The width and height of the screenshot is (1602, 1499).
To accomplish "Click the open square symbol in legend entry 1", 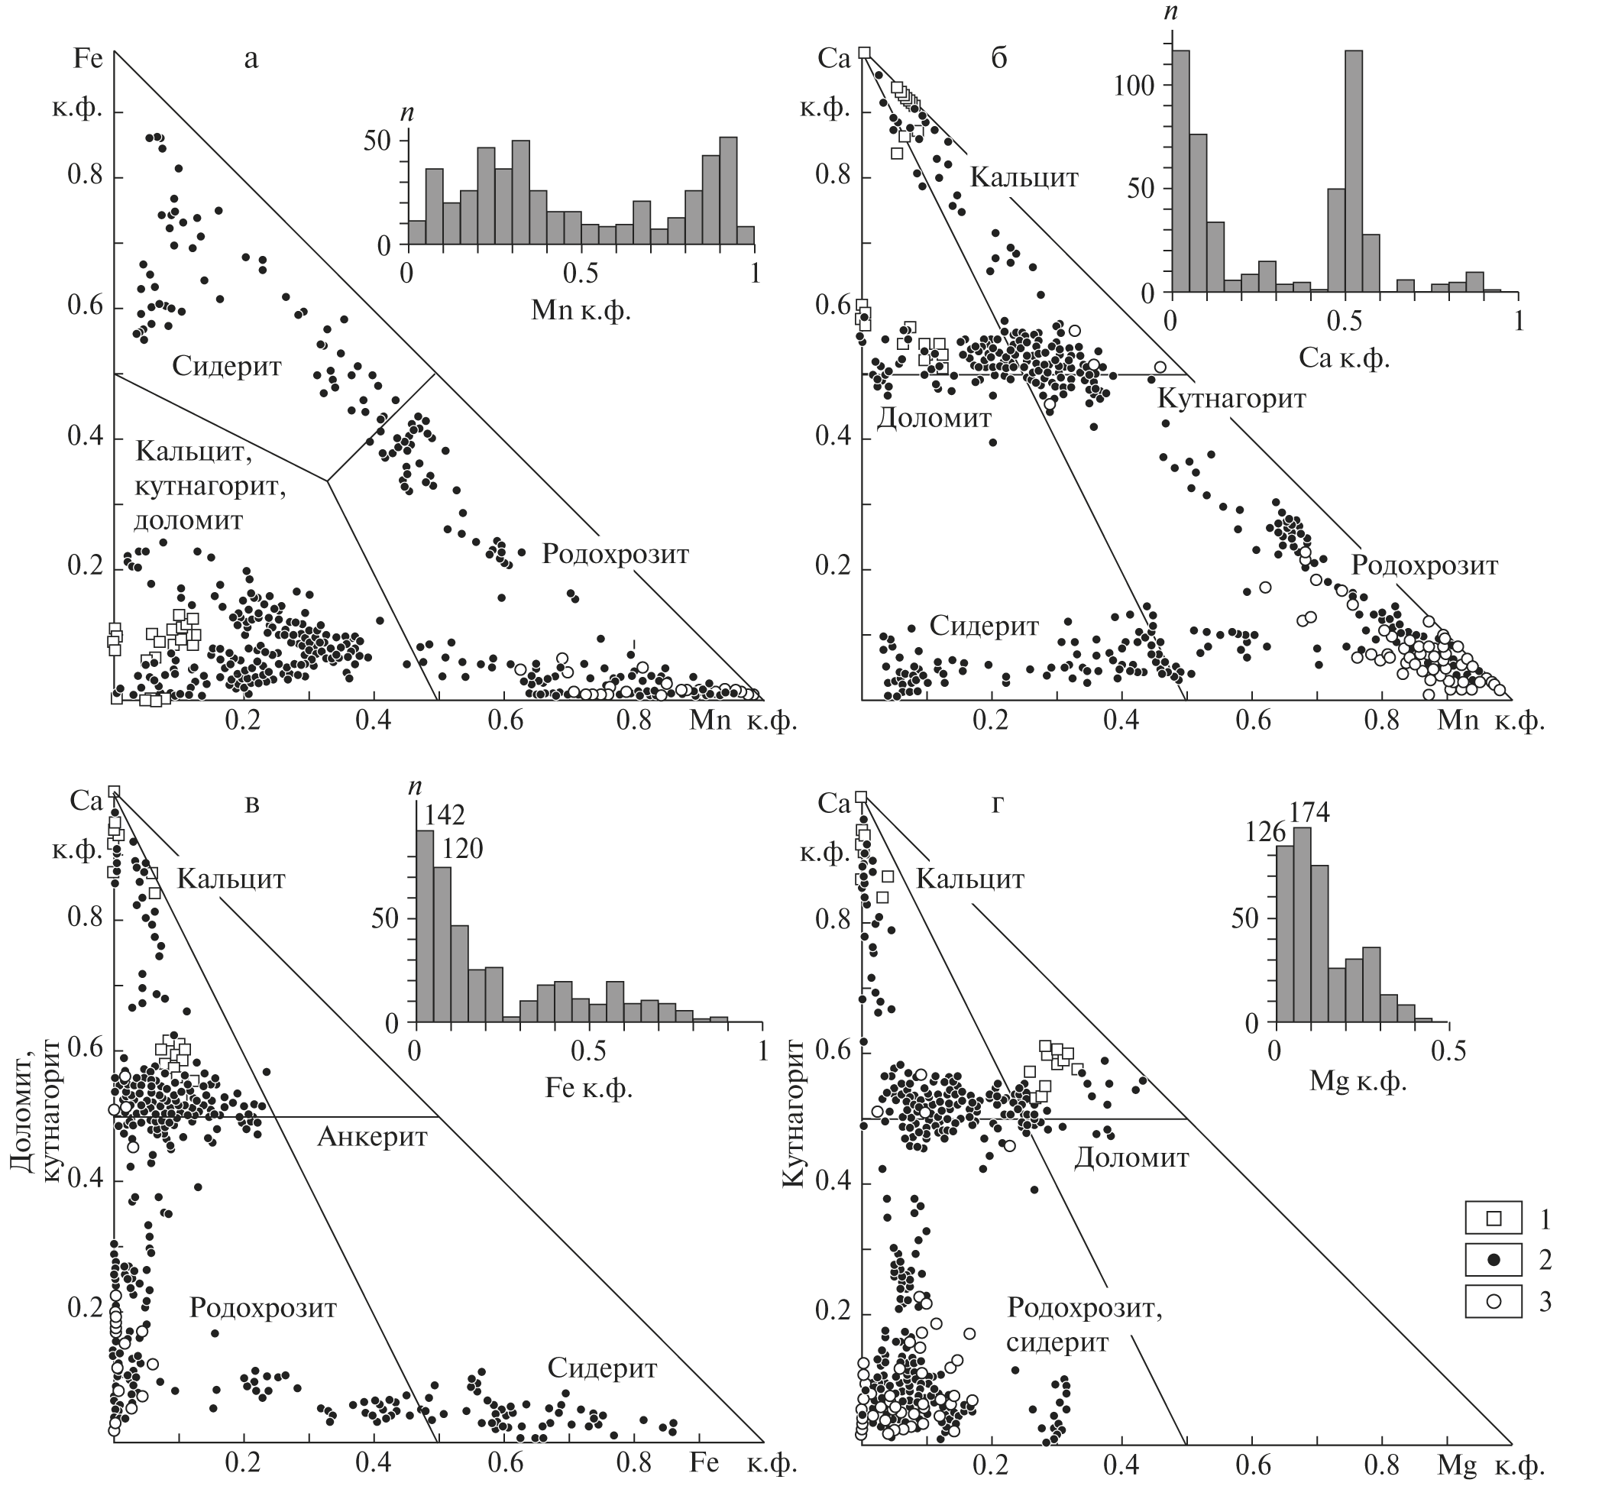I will point(1494,1240).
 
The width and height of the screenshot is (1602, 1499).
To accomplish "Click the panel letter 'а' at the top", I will point(251,59).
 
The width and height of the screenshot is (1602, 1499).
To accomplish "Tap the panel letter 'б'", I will point(998,59).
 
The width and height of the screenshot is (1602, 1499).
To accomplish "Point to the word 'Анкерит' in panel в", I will point(372,1137).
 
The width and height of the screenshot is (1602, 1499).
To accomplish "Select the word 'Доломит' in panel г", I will point(1131,1158).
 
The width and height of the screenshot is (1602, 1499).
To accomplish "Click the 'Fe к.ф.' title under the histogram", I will point(588,1089).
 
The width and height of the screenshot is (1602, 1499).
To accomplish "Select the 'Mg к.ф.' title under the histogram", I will point(1358,1082).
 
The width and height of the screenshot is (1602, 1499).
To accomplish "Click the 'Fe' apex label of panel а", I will point(88,59).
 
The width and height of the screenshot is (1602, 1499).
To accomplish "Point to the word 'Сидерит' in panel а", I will point(227,367).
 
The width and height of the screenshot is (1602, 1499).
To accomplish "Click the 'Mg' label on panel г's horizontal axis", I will point(1457,1466).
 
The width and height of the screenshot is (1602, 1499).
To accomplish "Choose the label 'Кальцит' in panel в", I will point(231,879).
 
